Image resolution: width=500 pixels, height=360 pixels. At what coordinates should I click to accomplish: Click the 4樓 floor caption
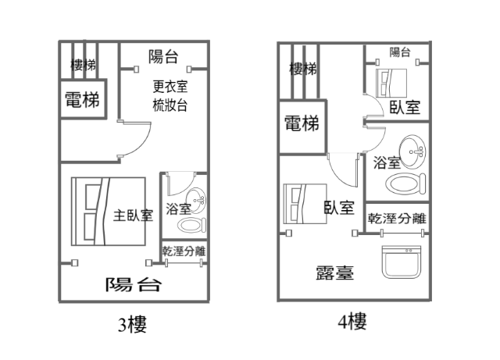coord(348,321)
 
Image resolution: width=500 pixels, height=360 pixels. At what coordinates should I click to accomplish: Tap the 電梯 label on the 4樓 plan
coord(302,123)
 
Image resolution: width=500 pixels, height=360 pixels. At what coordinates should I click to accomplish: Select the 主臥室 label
coord(133,214)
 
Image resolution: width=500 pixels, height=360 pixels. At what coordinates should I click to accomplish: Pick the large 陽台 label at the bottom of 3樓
coord(134,283)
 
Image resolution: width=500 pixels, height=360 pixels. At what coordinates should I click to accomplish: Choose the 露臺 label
coord(335,273)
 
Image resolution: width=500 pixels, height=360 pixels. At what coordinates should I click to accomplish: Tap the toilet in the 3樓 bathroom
coord(190,226)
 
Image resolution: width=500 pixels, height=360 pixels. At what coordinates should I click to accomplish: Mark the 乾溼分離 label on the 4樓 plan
coord(397,218)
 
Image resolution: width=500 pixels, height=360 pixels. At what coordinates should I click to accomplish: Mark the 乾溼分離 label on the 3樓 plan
coord(184,251)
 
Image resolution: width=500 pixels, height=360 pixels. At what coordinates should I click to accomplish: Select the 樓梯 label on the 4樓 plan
coord(302,69)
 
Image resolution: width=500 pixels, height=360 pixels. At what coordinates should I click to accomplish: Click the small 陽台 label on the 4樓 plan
coord(400,53)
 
